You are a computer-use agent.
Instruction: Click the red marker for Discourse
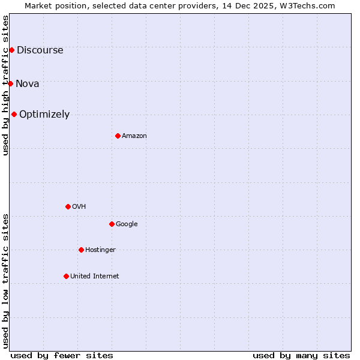11,50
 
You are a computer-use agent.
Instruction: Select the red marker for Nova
10,83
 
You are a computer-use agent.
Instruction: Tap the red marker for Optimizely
14,114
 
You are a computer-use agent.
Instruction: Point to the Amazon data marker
118,136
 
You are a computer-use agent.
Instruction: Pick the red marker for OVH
68,206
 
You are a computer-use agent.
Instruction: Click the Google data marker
112,224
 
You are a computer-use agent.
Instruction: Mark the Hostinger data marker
81,250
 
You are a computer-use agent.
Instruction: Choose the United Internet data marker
66,276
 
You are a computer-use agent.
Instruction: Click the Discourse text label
40,50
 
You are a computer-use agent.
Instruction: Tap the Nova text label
28,84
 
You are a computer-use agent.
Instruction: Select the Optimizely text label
44,115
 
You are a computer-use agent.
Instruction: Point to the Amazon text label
134,136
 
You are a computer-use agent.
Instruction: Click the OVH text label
79,207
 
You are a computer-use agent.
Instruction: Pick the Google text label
127,224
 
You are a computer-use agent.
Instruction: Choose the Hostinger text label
100,250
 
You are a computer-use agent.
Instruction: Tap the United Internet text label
95,277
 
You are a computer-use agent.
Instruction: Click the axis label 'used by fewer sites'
62,355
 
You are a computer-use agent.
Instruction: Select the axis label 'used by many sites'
301,355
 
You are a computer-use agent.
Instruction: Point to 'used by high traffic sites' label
5,85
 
